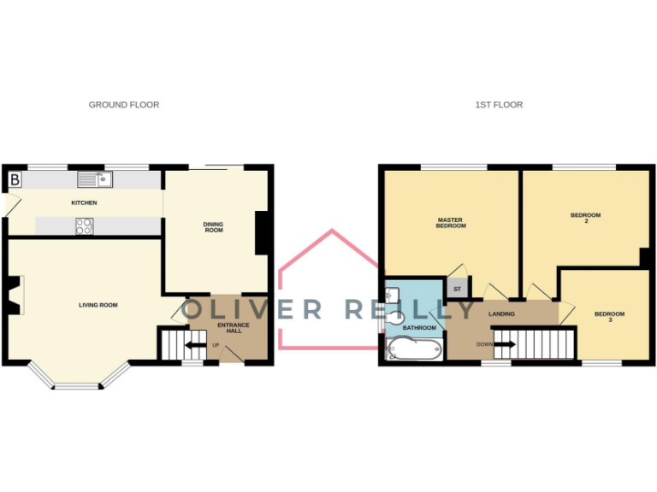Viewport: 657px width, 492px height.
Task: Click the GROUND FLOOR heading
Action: (124, 105)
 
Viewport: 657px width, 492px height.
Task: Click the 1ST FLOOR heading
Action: (500, 105)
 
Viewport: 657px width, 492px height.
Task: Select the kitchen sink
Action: (95, 179)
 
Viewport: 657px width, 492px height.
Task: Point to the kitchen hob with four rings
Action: (86, 225)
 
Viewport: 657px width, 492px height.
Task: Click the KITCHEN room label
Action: (84, 203)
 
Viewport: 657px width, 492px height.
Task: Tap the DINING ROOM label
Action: (213, 227)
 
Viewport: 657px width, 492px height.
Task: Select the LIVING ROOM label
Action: (98, 305)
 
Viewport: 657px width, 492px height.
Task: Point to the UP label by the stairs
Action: (216, 346)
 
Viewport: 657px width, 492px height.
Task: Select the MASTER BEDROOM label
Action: (451, 223)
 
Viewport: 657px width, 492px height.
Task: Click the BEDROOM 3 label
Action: (610, 317)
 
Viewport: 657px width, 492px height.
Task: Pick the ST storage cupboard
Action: (458, 289)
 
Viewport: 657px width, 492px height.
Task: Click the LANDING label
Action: (501, 314)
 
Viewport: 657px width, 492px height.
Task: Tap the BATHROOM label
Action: (420, 328)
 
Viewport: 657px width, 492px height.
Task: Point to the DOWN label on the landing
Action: (484, 345)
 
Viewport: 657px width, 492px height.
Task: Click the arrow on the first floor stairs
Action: (505, 345)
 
